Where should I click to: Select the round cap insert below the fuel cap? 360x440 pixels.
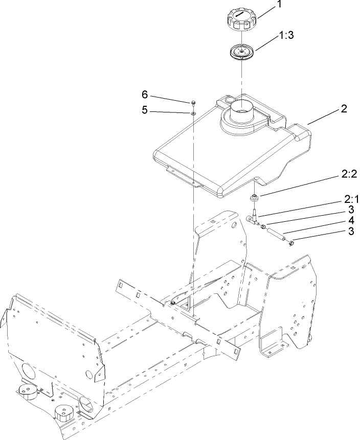tap(240, 53)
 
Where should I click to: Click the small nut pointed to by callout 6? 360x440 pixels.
tap(194, 102)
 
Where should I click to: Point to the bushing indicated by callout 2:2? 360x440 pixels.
tap(254, 197)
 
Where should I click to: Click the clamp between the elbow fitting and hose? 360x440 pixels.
tap(264, 227)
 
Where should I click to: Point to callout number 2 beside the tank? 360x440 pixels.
tap(330, 109)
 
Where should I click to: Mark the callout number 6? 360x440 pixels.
tap(145, 95)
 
